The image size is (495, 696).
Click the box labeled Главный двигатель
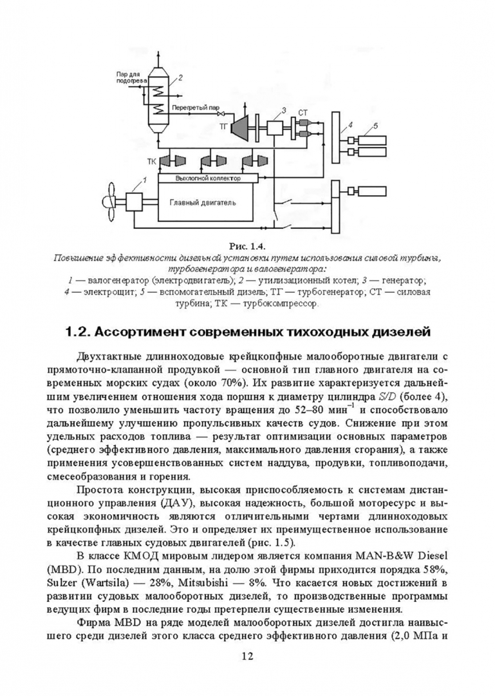(203, 202)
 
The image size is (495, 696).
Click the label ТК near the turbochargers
(153, 160)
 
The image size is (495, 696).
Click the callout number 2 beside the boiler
(181, 78)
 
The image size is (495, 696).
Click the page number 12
(247, 656)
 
